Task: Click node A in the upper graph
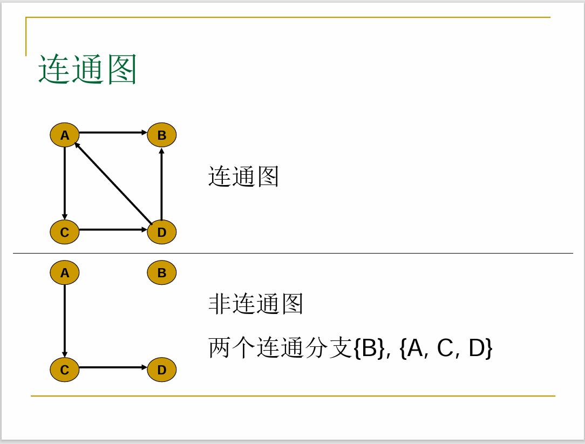pos(65,135)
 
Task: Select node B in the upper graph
pos(162,135)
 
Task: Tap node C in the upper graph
pos(65,232)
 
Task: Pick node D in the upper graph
pos(162,232)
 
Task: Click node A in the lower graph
pos(65,272)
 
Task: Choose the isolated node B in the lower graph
pos(162,272)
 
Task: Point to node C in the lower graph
pos(65,370)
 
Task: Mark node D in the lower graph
pos(162,370)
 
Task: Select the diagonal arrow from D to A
pos(113,183)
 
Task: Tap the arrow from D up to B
pos(161,183)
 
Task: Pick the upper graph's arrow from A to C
pos(65,183)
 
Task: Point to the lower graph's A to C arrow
pos(65,321)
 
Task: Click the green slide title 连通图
pos(87,70)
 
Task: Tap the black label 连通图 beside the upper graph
pos(243,177)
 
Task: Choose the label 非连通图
pos(256,304)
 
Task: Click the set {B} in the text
pos(370,349)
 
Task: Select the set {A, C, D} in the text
pos(446,349)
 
